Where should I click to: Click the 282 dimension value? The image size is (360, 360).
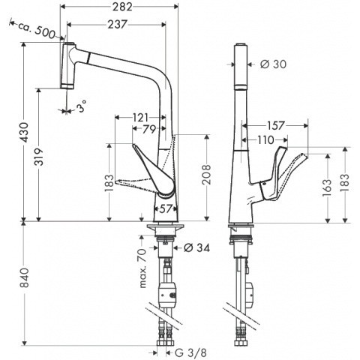pyautogui.click(x=122, y=7)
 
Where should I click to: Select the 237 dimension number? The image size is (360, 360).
pyautogui.click(x=118, y=24)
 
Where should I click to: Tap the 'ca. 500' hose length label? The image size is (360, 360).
pyautogui.click(x=37, y=28)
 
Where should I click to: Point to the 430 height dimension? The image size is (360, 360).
pyautogui.click(x=25, y=132)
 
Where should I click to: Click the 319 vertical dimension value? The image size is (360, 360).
pyautogui.click(x=39, y=157)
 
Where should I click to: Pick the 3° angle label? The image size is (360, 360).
pyautogui.click(x=81, y=107)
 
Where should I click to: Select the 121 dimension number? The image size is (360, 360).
pyautogui.click(x=139, y=118)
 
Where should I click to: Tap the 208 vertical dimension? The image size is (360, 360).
pyautogui.click(x=206, y=175)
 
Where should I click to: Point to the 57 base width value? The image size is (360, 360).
pyautogui.click(x=166, y=208)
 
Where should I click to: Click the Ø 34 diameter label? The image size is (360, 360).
pyautogui.click(x=196, y=247)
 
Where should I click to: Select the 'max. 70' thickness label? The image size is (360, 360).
pyautogui.click(x=142, y=268)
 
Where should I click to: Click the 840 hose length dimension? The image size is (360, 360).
pyautogui.click(x=25, y=277)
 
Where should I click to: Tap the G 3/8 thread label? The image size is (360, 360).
pyautogui.click(x=190, y=352)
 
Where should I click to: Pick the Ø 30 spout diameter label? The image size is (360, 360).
pyautogui.click(x=273, y=64)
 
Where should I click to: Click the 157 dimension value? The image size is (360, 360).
pyautogui.click(x=276, y=125)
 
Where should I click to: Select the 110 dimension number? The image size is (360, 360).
pyautogui.click(x=265, y=140)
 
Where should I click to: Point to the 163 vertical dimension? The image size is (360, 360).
pyautogui.click(x=328, y=188)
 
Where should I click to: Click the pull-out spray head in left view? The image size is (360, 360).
pyautogui.click(x=67, y=65)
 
